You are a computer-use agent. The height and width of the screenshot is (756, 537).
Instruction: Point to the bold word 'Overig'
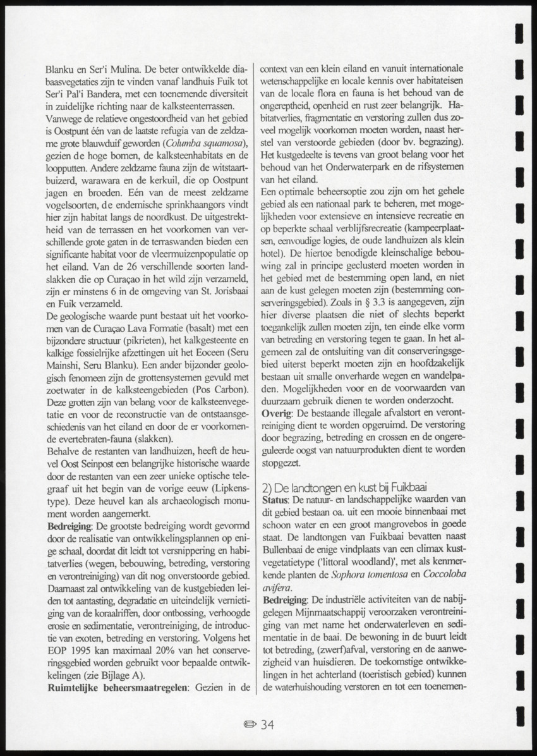pyautogui.click(x=276, y=412)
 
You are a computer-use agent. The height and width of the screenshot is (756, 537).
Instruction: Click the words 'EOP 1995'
pyautogui.click(x=70, y=652)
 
